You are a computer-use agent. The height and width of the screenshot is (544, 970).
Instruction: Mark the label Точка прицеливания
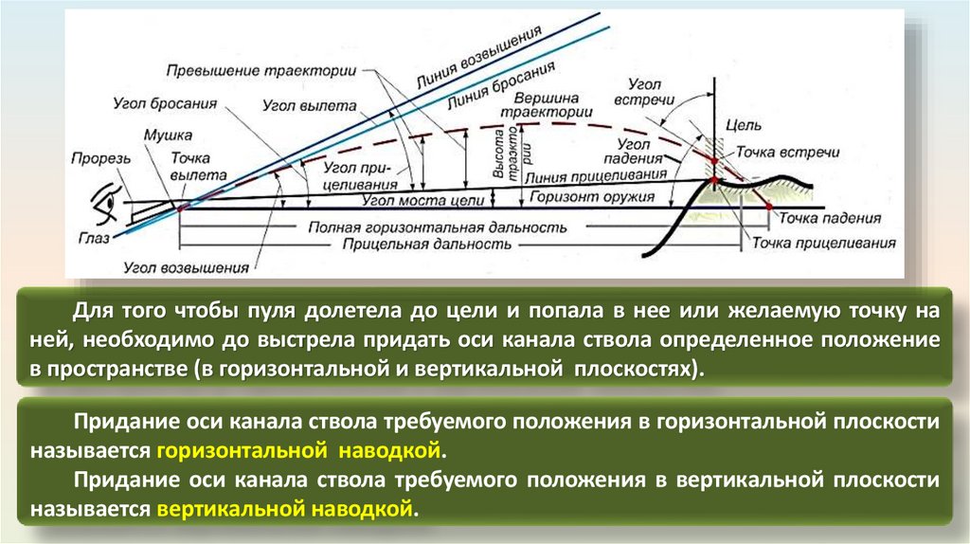point(823,244)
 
